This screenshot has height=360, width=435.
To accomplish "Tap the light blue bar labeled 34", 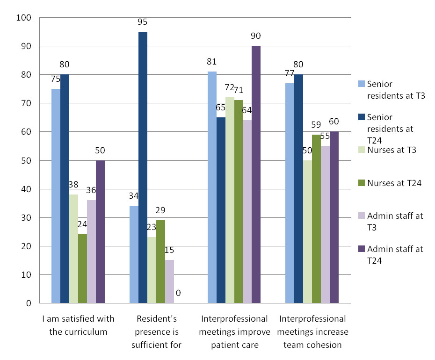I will (134, 254).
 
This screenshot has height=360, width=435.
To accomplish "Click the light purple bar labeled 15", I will (169, 281).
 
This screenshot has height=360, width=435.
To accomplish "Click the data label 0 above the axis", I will (178, 294).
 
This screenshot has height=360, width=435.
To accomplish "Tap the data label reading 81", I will (211, 62).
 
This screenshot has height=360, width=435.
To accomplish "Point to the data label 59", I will (316, 125).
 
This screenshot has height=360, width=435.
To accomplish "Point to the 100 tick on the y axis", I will (23, 18).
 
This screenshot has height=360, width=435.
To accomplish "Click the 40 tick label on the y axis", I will (25, 189).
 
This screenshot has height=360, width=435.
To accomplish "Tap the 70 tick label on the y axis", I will (25, 103).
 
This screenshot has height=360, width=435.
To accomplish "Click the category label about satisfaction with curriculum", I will (78, 325).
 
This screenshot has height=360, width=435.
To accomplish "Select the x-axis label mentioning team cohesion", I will (313, 332).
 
